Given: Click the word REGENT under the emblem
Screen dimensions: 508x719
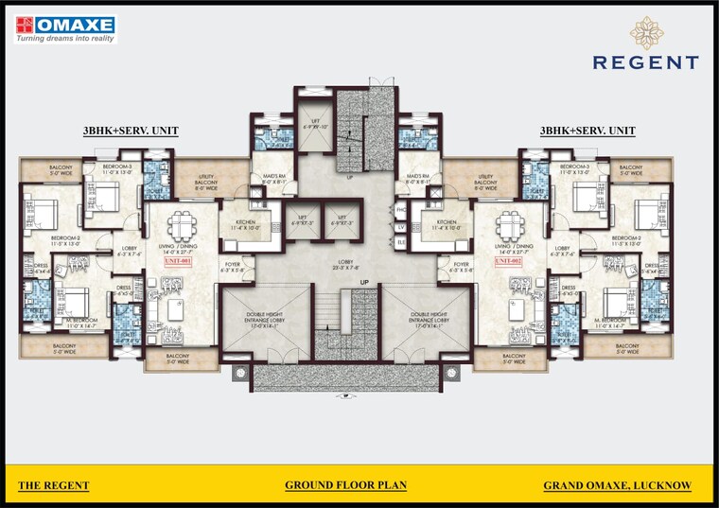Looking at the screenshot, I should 646,62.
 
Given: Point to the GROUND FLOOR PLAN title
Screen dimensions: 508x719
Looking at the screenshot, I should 345,485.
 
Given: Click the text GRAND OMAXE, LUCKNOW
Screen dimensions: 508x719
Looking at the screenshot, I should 617,485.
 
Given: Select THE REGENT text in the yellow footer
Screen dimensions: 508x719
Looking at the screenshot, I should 54,485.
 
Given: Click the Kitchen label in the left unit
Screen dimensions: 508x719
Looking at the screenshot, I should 241,224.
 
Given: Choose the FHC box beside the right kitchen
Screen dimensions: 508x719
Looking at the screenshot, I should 401,209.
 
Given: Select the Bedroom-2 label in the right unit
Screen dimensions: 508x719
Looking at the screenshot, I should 626,239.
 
